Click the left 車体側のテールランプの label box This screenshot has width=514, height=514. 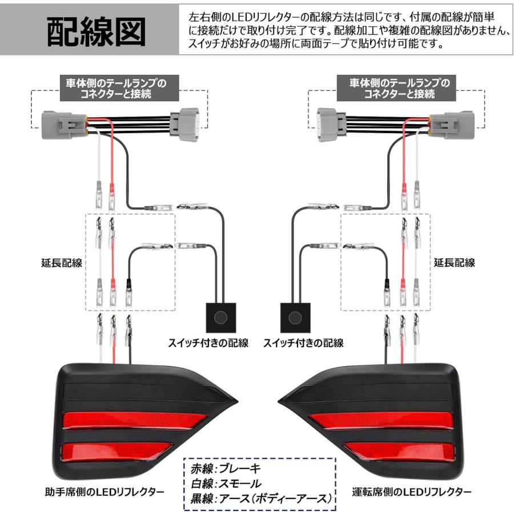click(114, 89)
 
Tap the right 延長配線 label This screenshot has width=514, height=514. click(454, 263)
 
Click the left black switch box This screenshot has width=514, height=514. click(219, 316)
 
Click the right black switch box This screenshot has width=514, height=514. click(295, 316)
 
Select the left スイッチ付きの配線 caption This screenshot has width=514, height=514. click(208, 343)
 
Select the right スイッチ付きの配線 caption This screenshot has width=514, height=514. click(303, 343)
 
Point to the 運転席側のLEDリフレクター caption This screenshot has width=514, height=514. click(412, 492)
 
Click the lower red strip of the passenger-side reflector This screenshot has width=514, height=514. click(114, 452)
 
